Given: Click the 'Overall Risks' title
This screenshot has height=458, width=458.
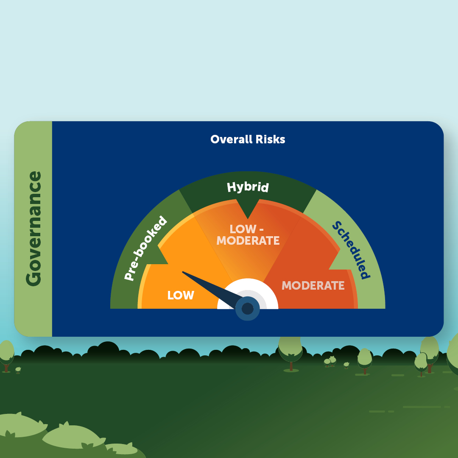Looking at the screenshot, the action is point(248,140).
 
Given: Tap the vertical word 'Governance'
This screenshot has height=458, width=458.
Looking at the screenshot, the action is point(34,229).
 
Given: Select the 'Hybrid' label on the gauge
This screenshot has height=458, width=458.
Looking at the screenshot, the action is point(248,187).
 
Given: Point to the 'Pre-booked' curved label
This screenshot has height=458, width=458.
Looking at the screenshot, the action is point(145,248).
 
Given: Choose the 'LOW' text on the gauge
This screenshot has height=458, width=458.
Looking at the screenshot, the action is point(181,295).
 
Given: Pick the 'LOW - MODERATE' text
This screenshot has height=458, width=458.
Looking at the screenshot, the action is point(248,235).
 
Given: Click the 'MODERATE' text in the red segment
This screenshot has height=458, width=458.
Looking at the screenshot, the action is point(313,285).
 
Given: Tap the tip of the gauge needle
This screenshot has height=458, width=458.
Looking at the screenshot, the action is point(183,272).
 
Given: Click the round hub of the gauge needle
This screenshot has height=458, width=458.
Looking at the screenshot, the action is point(248,308).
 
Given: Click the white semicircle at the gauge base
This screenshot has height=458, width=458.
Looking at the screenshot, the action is point(248,293).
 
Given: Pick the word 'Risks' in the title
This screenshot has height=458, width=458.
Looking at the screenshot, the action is point(271,140).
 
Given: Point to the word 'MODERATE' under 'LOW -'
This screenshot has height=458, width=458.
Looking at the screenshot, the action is point(248,240).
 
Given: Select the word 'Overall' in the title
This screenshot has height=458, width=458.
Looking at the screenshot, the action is point(232,140).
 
